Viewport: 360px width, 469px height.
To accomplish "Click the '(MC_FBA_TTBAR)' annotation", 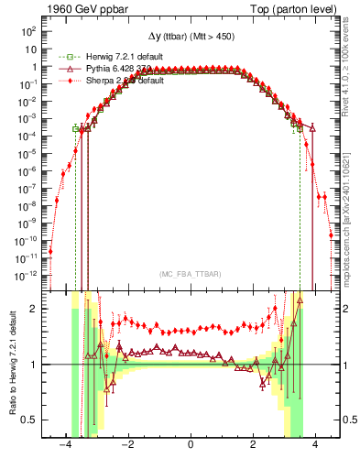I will tap(191, 275).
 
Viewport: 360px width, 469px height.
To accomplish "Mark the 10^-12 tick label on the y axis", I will tap(27, 275).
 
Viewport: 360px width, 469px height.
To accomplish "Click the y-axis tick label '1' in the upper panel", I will tap(34, 67).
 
